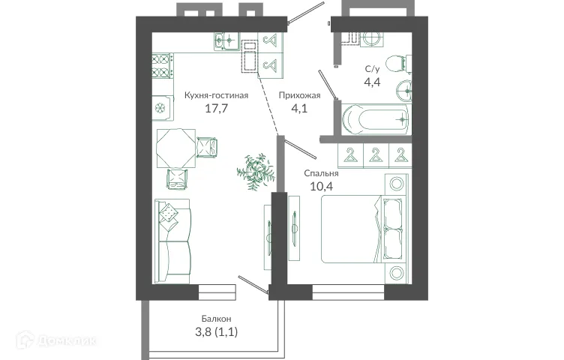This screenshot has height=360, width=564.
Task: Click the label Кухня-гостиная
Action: [x=216, y=95]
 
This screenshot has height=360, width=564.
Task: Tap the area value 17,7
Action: [x=216, y=109]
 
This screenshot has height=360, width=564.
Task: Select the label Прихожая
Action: [x=299, y=95]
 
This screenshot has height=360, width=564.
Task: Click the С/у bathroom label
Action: [x=372, y=69]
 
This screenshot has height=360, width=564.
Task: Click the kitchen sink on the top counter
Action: [x=225, y=40]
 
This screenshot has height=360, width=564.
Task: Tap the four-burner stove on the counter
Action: [x=162, y=67]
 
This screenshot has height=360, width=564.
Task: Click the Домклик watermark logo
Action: [x=67, y=341]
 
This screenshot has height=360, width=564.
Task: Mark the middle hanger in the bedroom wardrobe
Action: [x=376, y=155]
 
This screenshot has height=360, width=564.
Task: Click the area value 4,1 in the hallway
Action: [x=299, y=109]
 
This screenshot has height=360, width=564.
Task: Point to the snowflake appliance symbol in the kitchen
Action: [x=160, y=108]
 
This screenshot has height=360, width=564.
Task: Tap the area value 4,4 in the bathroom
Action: [x=372, y=82]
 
